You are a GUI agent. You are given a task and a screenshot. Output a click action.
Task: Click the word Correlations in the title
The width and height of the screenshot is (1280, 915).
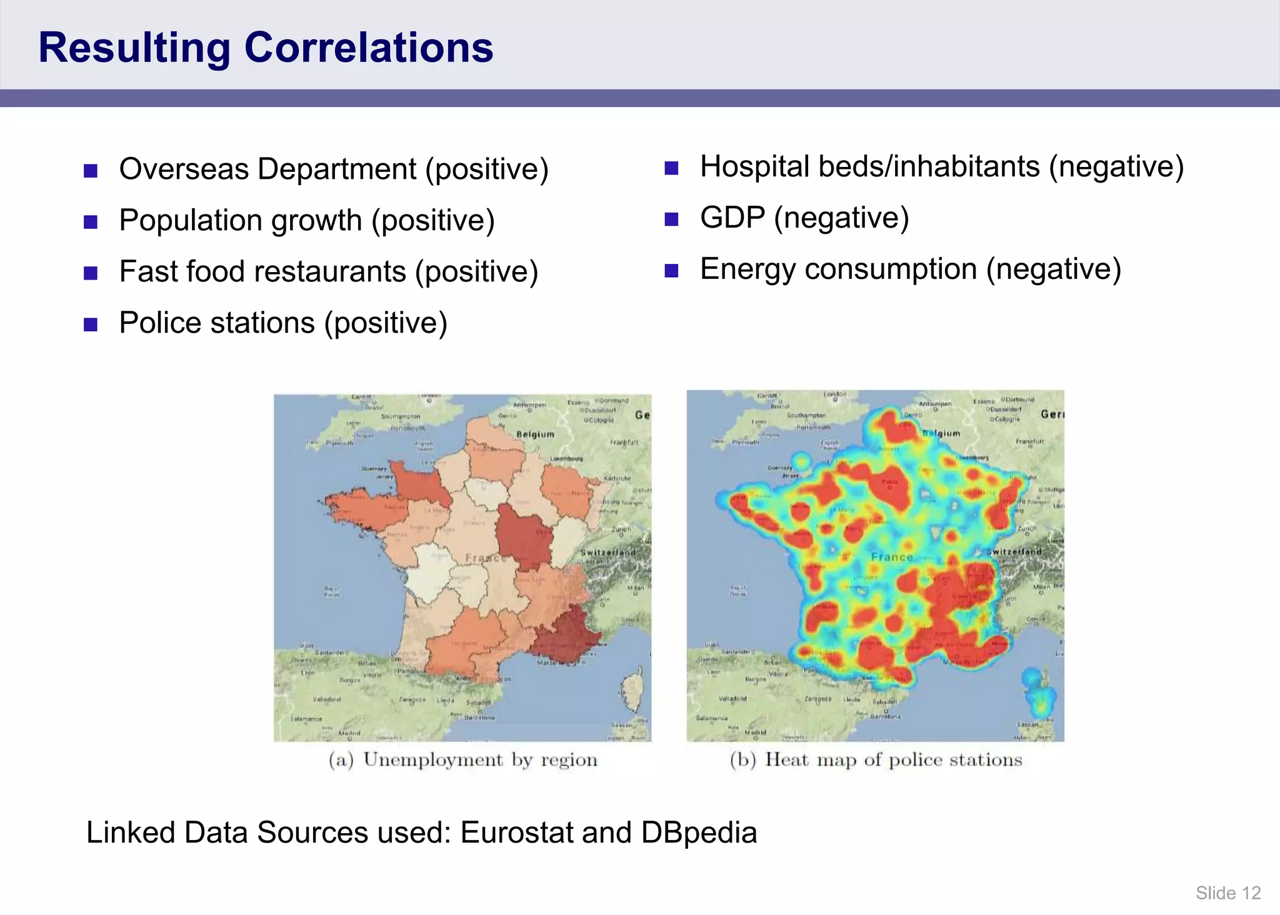click(369, 48)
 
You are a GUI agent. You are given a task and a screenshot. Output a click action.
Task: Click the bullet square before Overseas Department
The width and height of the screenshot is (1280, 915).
click(91, 171)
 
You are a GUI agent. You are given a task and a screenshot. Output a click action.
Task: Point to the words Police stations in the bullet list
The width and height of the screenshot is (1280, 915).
click(217, 323)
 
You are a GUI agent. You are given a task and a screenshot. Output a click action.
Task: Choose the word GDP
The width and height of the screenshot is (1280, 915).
click(732, 218)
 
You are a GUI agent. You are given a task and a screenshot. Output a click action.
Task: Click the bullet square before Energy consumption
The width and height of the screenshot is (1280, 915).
click(671, 271)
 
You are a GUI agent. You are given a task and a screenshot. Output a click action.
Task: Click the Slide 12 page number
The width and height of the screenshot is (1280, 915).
click(1228, 893)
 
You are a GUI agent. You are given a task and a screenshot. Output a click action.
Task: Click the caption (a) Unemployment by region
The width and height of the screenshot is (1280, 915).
click(463, 760)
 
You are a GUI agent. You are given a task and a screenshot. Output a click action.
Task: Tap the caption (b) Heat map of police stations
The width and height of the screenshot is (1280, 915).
click(876, 760)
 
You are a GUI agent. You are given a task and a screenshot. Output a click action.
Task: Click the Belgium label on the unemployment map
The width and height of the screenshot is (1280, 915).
click(535, 434)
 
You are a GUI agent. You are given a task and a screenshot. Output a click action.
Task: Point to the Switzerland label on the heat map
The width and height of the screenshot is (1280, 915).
click(1014, 552)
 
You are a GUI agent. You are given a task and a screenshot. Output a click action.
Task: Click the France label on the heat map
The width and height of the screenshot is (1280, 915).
click(892, 557)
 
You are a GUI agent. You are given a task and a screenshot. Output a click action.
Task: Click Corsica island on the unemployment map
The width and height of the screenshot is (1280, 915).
click(633, 691)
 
